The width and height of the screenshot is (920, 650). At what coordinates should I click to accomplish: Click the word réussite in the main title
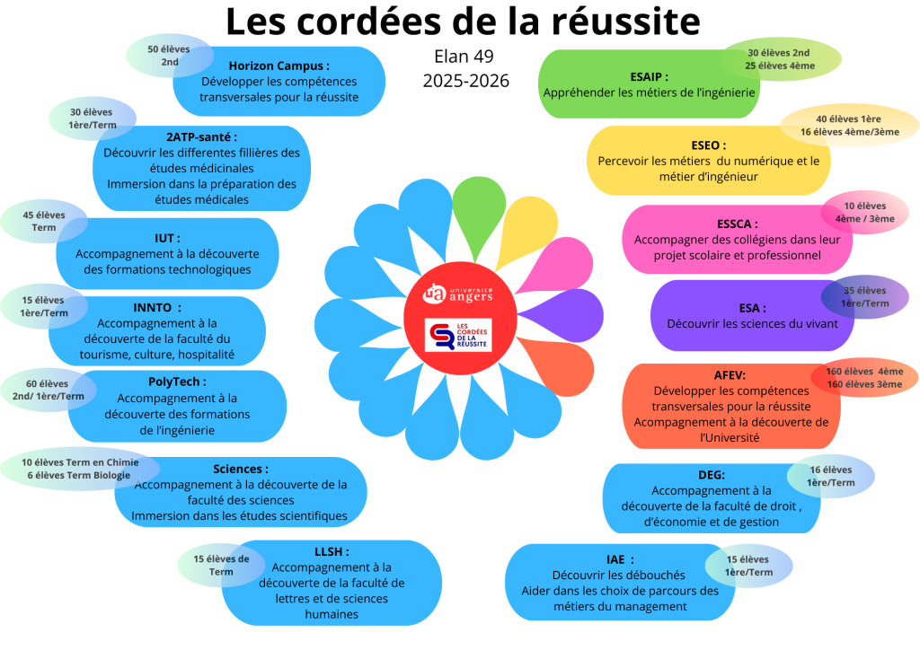click(x=626, y=20)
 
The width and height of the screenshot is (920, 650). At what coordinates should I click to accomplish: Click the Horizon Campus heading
click(x=279, y=66)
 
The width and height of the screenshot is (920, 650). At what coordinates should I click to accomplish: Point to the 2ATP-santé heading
click(x=201, y=136)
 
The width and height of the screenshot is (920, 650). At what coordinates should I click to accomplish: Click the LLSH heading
click(x=332, y=551)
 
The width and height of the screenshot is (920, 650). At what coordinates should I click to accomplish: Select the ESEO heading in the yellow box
click(x=709, y=145)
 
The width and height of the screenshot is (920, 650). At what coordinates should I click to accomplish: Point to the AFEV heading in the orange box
click(x=730, y=375)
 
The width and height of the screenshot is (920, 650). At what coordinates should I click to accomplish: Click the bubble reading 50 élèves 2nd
click(x=170, y=55)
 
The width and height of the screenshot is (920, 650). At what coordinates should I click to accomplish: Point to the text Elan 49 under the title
click(x=464, y=56)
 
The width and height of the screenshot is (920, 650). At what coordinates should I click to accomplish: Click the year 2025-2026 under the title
click(x=465, y=81)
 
